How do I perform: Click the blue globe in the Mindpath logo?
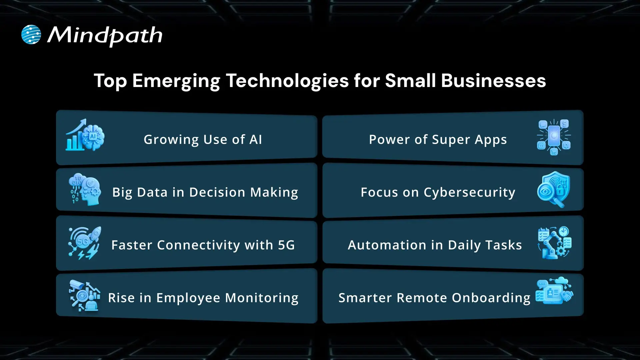tap(31, 35)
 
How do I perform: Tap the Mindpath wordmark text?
tap(105, 35)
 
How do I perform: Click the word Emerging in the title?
tap(176, 81)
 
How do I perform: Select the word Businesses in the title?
tap(493, 81)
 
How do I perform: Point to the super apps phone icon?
tap(554, 137)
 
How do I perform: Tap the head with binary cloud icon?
tap(85, 189)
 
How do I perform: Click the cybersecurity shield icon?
tap(554, 189)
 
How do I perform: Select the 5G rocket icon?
tap(85, 243)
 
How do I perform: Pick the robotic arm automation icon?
tap(554, 243)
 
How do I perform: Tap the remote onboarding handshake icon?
tap(554, 291)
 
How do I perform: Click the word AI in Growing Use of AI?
tap(256, 140)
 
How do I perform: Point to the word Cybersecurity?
tap(469, 193)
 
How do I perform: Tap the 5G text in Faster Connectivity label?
tap(286, 245)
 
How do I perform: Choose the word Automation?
tap(387, 245)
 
